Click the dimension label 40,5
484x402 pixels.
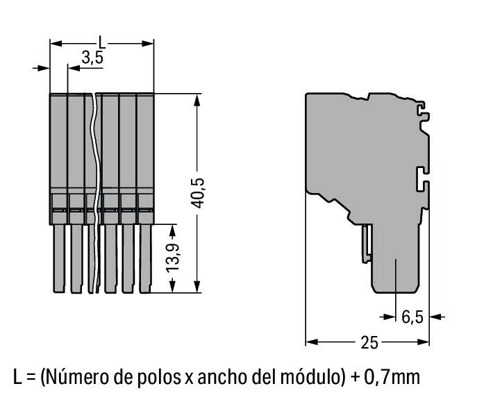(x=197, y=193)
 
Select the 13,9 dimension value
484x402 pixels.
(x=172, y=258)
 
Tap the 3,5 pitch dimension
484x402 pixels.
(x=92, y=58)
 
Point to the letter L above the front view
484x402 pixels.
(x=102, y=42)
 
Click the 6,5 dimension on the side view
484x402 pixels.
(x=412, y=317)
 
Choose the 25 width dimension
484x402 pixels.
(x=369, y=342)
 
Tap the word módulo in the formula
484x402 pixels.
(x=308, y=377)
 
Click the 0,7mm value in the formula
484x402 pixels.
(x=392, y=377)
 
